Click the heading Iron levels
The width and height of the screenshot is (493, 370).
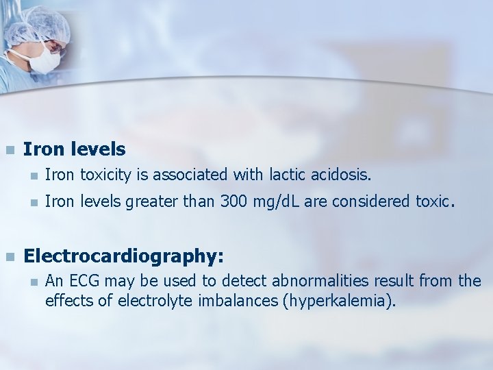coord(74,149)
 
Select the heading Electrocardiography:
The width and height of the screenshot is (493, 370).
coord(123,256)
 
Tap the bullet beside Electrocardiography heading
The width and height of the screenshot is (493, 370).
coord(10,257)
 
